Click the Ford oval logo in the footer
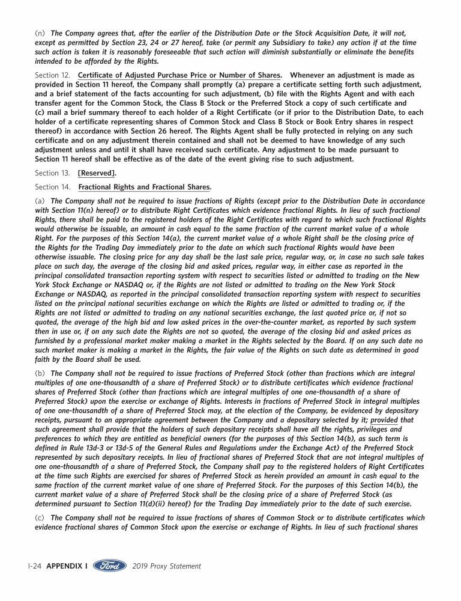tap(110, 566)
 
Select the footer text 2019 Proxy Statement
tap(166, 566)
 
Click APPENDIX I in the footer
tap(67, 566)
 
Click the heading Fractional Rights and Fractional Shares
tap(144, 187)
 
